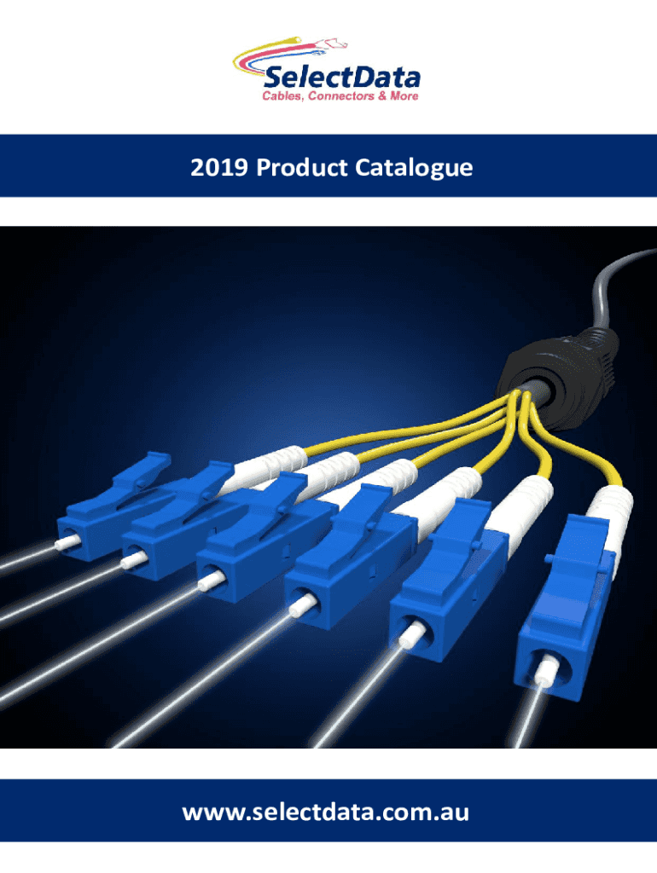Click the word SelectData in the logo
(x=341, y=77)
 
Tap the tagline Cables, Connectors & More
(x=340, y=96)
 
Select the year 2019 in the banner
(x=219, y=167)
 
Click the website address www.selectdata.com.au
(x=325, y=812)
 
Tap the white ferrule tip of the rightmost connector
(x=546, y=673)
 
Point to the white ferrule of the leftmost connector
(x=65, y=542)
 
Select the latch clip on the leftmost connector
(x=142, y=470)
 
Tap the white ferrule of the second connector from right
(x=410, y=634)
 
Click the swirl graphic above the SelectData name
(x=290, y=53)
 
